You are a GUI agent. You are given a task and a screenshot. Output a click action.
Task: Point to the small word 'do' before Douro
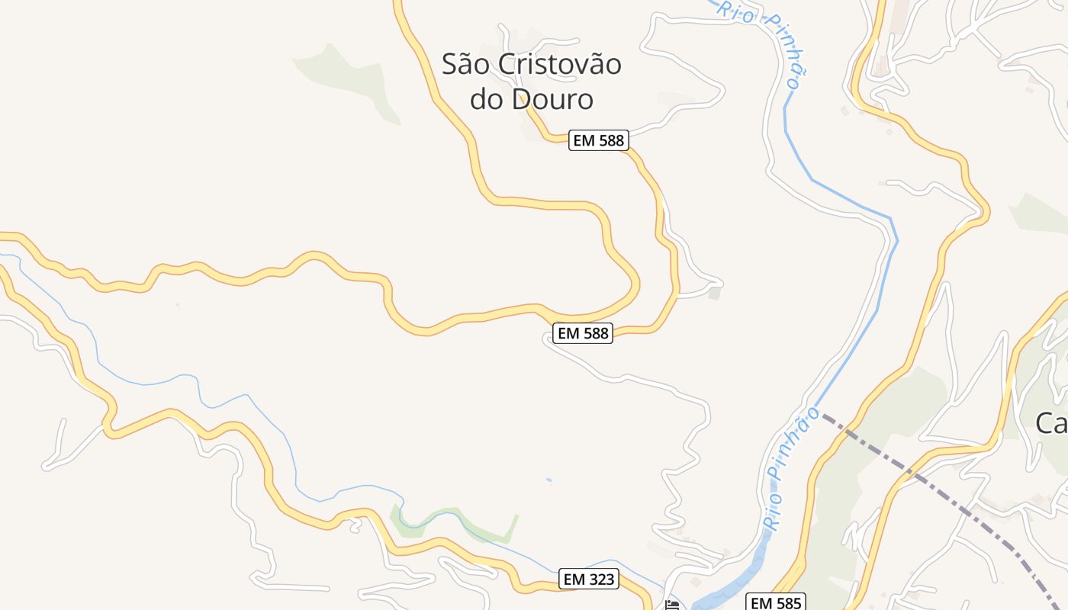[x=485, y=99]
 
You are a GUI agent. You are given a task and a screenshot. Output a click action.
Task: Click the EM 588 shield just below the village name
[x=597, y=140]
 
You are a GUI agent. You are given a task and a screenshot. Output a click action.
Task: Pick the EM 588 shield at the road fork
[x=582, y=333]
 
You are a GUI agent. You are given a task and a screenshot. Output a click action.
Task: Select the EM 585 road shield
[x=774, y=602]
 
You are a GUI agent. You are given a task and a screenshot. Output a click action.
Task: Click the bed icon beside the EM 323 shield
[x=671, y=605]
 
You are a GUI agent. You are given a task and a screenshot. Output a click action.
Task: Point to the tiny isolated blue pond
[x=548, y=480]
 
